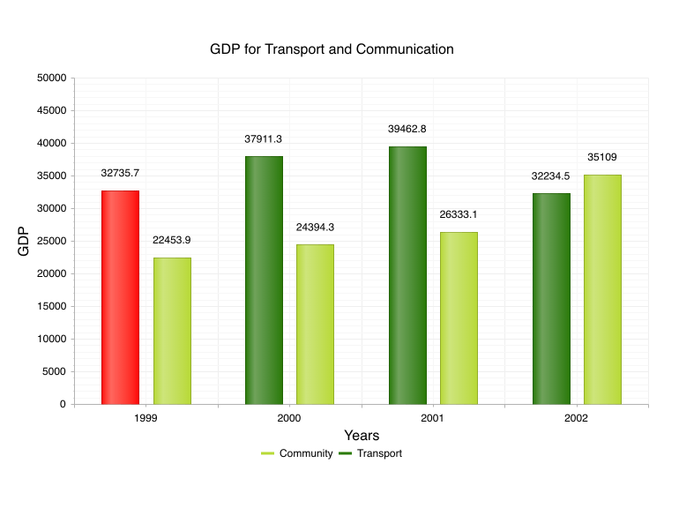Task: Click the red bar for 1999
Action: coord(120,297)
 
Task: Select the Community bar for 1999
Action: coord(172,331)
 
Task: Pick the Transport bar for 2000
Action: coord(264,280)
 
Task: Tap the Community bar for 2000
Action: coord(315,324)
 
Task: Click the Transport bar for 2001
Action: coord(407,275)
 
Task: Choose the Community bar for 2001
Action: coord(459,318)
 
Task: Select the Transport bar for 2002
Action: coord(551,298)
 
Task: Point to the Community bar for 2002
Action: coord(602,289)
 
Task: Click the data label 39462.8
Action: coord(407,129)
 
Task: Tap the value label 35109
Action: coord(602,157)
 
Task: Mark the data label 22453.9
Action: coord(172,240)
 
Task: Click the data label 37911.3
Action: coord(264,139)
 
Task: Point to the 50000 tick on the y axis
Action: coord(52,78)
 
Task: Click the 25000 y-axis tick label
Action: coord(52,241)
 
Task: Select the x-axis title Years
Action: coord(362,436)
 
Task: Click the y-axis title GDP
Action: coord(24,241)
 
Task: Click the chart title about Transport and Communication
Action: coord(332,49)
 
